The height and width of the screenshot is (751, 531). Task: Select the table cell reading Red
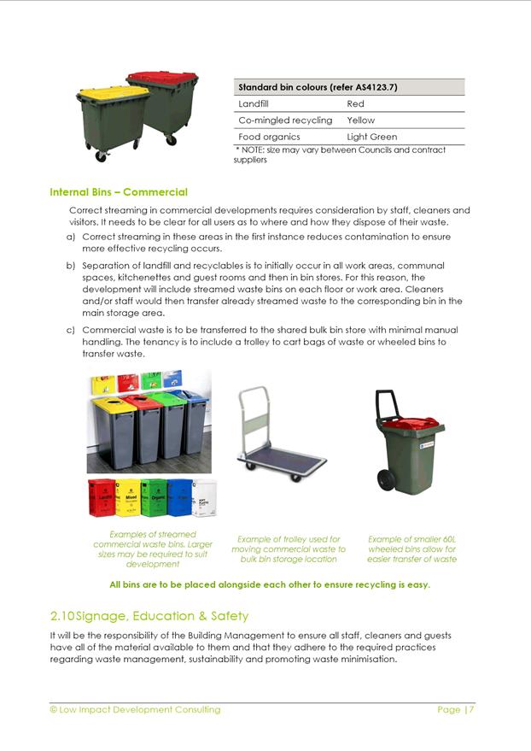[355, 103]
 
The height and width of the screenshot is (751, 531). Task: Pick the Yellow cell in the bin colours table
[360, 120]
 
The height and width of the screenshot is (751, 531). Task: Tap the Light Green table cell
[371, 137]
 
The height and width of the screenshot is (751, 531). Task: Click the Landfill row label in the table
[254, 103]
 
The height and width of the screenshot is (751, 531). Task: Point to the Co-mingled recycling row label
[285, 120]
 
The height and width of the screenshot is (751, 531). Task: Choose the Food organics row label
[269, 137]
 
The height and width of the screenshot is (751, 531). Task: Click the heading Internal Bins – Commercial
[119, 192]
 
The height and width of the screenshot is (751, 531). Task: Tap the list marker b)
[71, 267]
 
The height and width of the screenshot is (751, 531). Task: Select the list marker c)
[71, 330]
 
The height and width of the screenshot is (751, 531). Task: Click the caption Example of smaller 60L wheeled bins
[411, 549]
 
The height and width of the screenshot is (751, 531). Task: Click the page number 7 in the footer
[471, 710]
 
